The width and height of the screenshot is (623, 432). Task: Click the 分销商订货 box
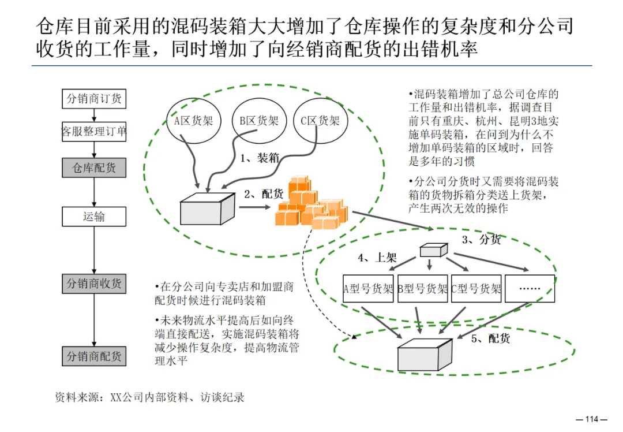(x=94, y=99)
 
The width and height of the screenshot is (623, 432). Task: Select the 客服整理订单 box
(x=94, y=132)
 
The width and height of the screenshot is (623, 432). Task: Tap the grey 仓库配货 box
(x=94, y=167)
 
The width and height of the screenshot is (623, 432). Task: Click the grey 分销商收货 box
(x=94, y=284)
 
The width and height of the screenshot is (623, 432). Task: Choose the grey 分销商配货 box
(x=94, y=356)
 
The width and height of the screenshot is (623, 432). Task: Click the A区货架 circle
(x=194, y=121)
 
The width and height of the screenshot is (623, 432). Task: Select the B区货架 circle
(x=258, y=121)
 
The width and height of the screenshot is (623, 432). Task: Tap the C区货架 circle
(x=320, y=121)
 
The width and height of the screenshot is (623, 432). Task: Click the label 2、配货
(x=264, y=194)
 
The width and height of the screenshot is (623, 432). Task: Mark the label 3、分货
(x=482, y=239)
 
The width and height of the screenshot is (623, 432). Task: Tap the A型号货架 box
(x=368, y=289)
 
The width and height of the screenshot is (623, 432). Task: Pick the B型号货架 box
(x=422, y=289)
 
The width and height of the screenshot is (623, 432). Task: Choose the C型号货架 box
(x=476, y=289)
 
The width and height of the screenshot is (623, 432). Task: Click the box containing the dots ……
(x=530, y=289)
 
